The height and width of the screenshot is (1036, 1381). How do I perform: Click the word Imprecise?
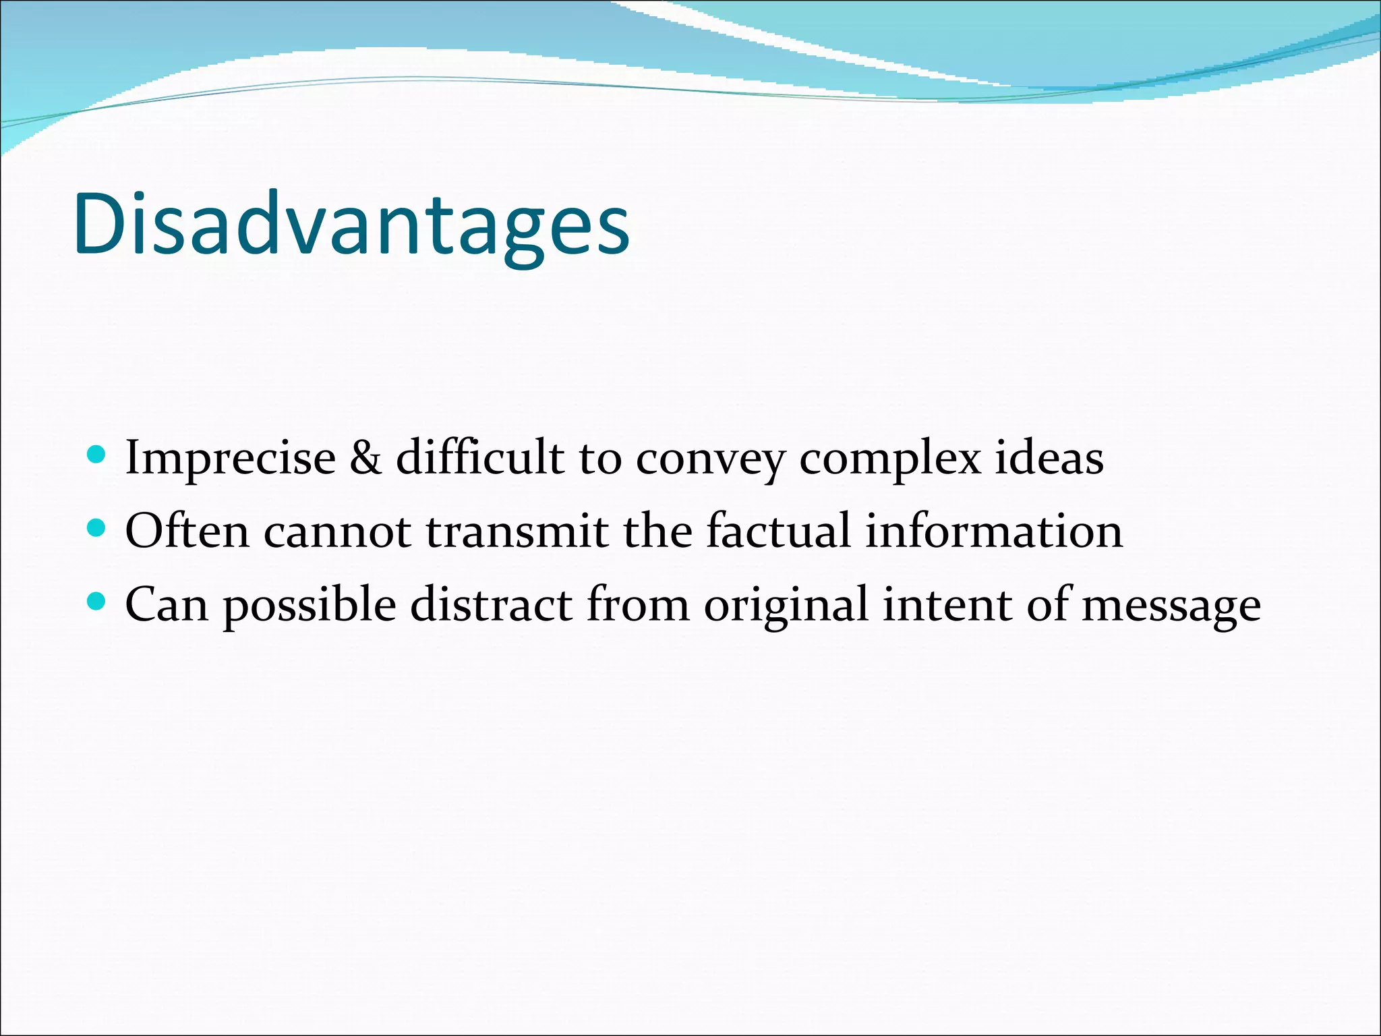231,459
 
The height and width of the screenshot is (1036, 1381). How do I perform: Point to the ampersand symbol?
365,459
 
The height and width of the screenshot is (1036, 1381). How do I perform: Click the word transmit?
517,531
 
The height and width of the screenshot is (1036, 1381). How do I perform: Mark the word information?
994,530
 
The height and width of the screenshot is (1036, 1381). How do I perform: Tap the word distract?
491,604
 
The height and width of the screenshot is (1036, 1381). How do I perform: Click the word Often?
187,530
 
